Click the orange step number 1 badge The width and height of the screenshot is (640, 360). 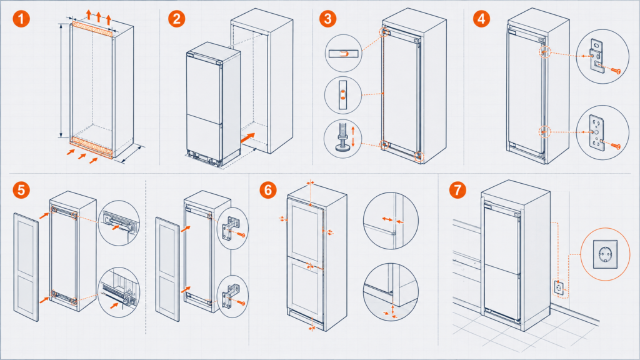coord(21,19)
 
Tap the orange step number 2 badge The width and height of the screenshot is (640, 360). coord(177,19)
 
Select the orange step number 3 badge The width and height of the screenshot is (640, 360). coord(327,19)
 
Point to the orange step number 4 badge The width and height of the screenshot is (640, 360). coord(482,19)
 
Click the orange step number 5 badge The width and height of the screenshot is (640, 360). coord(21,190)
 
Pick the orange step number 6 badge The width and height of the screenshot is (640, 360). coord(267,190)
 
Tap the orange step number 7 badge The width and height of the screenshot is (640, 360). coord(457,190)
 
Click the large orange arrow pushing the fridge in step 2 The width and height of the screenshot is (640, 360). coord(247,138)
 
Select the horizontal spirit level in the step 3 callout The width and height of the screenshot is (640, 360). coord(343,54)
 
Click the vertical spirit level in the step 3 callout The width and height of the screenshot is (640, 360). coord(343,95)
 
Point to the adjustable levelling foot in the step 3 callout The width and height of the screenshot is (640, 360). coord(342,137)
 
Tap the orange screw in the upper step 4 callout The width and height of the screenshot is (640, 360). coord(616,71)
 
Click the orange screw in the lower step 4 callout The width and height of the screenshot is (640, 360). coord(616,146)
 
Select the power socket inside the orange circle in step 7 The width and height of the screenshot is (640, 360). coord(605,254)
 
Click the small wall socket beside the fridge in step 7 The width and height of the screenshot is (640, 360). coord(559,288)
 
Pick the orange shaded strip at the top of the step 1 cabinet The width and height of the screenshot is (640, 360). coord(92,31)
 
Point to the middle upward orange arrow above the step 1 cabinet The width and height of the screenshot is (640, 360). coord(99,17)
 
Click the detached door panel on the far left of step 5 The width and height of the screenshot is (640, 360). coord(26,267)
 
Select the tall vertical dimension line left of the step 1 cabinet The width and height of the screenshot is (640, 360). coord(61,81)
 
